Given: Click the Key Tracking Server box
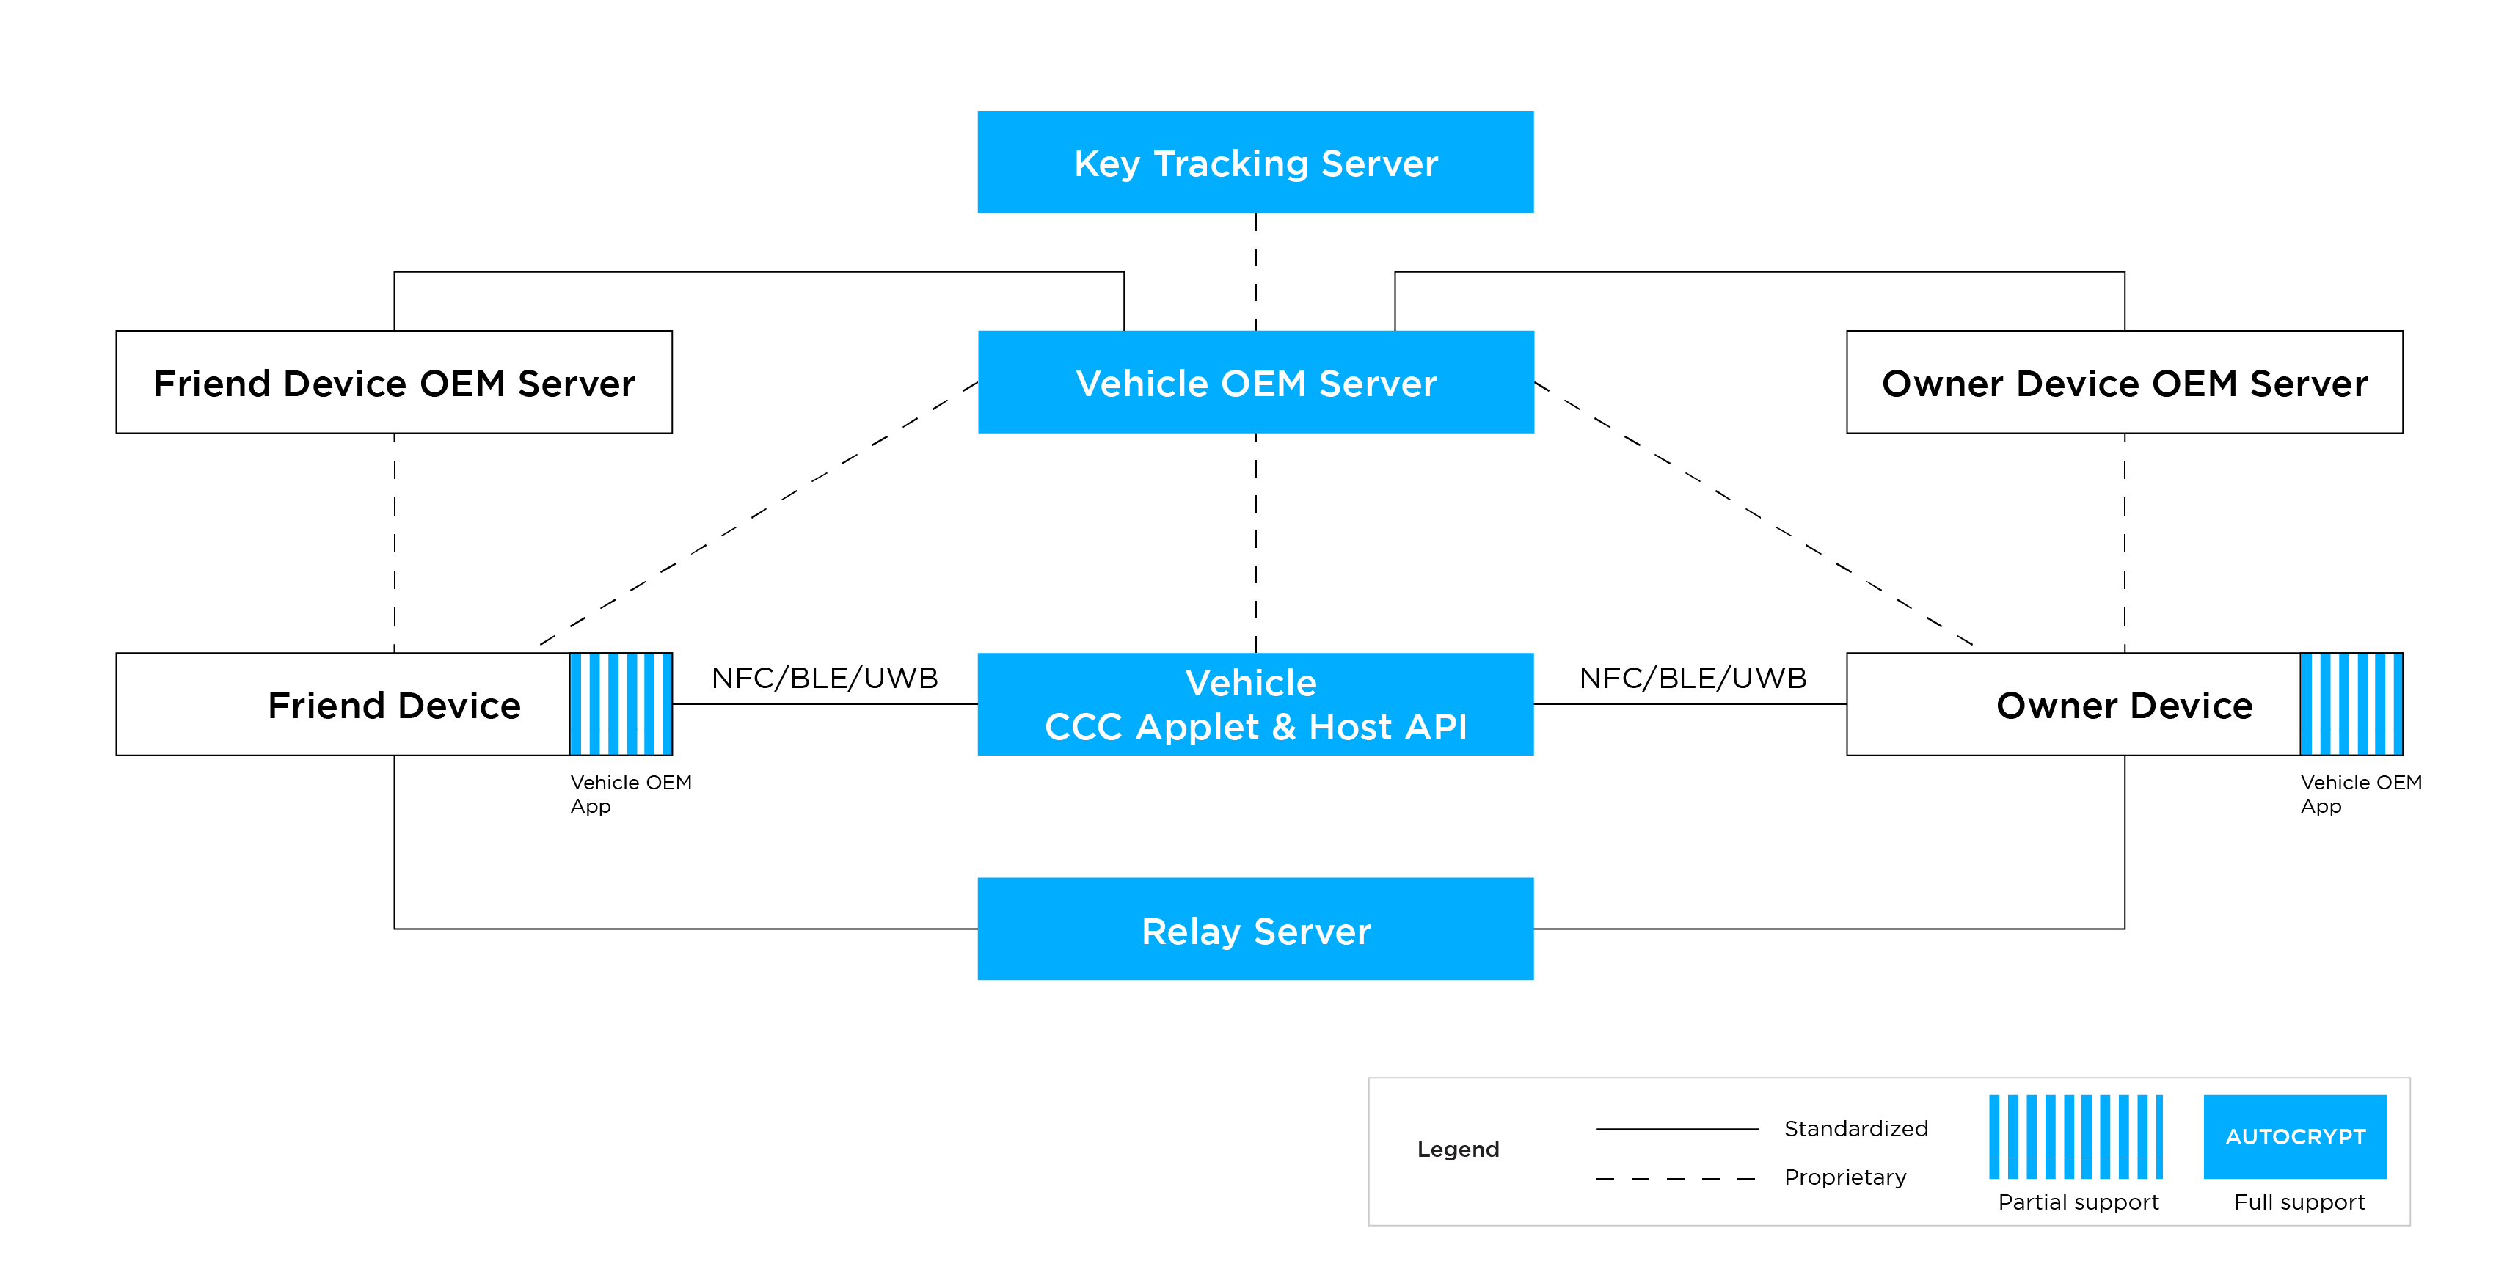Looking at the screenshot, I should click(1255, 162).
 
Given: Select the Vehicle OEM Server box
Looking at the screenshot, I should click(1255, 382).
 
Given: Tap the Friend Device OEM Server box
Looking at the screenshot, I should click(394, 382).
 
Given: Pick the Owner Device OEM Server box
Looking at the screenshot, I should click(2124, 382).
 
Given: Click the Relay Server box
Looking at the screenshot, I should click(1255, 929).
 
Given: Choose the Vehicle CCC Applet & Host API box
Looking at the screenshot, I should click(1255, 704).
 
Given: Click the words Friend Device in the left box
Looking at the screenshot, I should click(394, 706).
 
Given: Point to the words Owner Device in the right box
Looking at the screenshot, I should click(2124, 706).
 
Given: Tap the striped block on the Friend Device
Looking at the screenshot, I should click(621, 704).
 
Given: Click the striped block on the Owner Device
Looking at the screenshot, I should click(2351, 704).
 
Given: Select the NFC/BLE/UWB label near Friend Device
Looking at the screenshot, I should click(824, 677).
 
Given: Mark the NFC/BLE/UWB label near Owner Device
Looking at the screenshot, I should click(1692, 677).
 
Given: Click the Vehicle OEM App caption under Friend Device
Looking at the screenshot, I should click(630, 794).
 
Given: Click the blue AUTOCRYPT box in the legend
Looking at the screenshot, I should click(2295, 1136).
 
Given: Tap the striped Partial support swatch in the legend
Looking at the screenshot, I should click(2075, 1136).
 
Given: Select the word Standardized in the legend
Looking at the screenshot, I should click(1855, 1129).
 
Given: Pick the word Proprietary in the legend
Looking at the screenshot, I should click(1844, 1177).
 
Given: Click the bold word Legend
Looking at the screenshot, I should click(1457, 1149).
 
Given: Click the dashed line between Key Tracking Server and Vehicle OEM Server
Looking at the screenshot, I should click(1256, 271).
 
